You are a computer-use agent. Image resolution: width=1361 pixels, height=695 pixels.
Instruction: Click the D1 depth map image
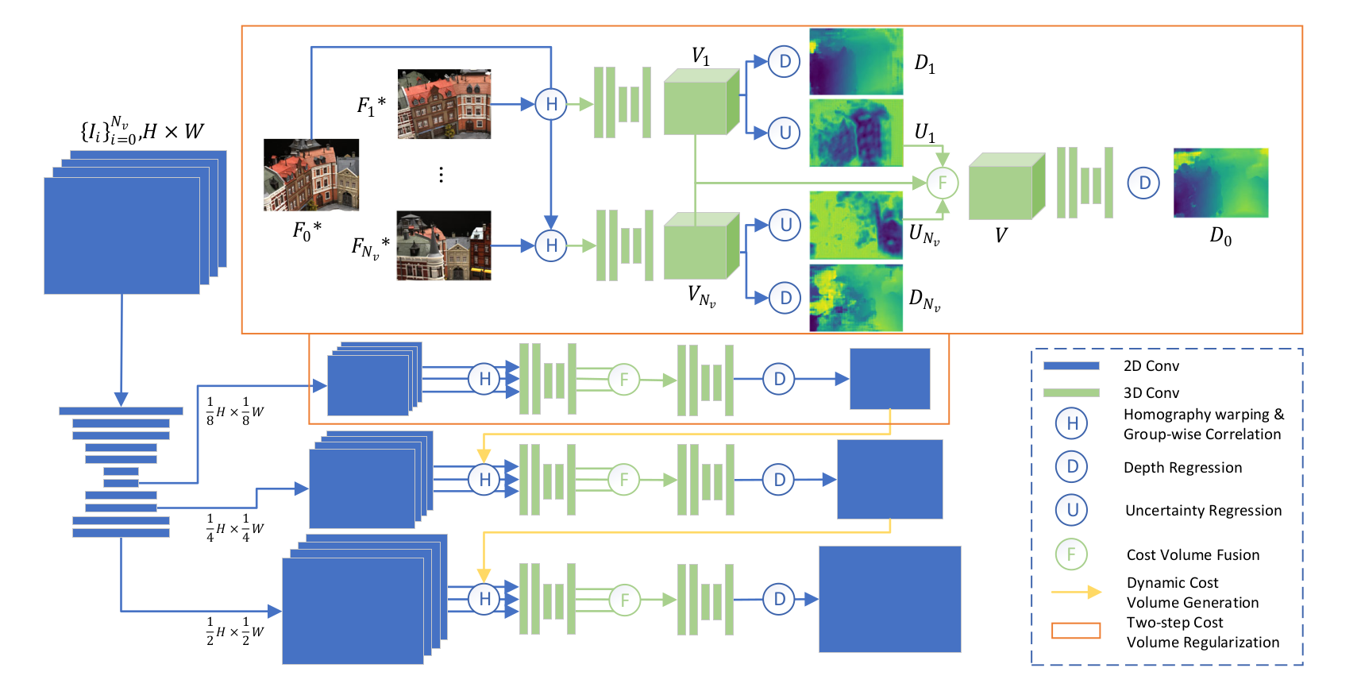(855, 62)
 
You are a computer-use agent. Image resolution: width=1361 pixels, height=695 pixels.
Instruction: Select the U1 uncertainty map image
(855, 133)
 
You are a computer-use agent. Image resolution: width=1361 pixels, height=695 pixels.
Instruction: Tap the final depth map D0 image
(1220, 183)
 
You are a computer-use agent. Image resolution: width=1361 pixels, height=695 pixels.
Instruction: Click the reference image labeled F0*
(311, 175)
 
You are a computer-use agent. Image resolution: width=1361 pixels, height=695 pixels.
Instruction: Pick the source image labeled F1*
(444, 104)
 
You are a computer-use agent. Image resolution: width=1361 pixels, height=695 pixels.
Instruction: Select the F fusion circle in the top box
(943, 183)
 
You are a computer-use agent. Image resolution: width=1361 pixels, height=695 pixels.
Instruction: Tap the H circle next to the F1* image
(551, 104)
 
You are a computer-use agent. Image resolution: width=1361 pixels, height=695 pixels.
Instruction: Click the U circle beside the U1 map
(785, 133)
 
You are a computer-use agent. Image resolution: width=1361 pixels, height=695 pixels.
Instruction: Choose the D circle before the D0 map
(1144, 183)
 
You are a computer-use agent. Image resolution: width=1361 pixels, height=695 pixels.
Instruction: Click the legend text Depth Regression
(1182, 468)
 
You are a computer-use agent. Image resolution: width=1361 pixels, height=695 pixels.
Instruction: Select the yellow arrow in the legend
(1076, 592)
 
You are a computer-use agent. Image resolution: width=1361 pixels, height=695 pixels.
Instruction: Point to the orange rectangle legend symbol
(1076, 631)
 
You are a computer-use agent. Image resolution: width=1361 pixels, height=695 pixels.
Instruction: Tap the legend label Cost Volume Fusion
(1193, 555)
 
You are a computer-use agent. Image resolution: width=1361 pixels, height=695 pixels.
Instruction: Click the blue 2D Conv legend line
(1071, 366)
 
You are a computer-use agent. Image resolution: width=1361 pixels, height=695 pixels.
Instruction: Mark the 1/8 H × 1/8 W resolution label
(235, 411)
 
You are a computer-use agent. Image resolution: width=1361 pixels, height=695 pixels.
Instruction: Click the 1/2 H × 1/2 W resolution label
(235, 631)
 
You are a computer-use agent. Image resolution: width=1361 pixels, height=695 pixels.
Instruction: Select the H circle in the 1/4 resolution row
(484, 480)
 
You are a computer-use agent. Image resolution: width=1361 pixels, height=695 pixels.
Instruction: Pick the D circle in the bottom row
(779, 599)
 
